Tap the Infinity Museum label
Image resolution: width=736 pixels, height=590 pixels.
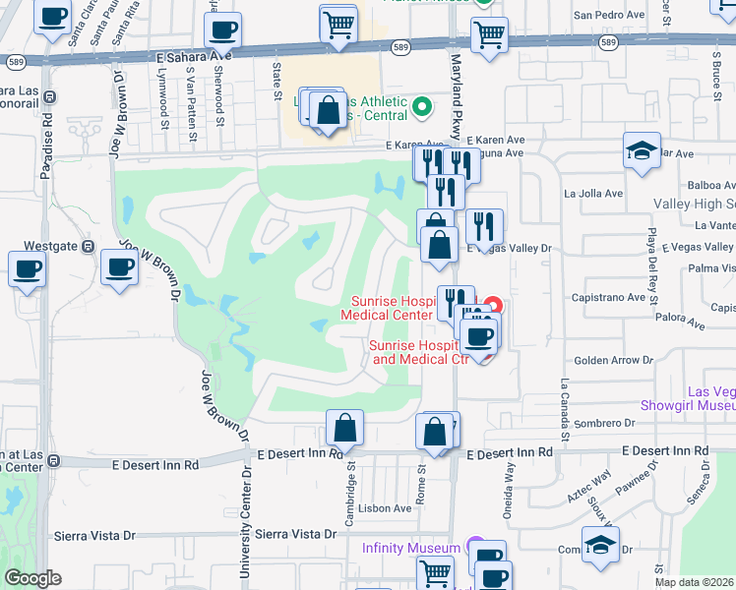410,547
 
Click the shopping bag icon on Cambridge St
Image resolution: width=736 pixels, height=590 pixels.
345,428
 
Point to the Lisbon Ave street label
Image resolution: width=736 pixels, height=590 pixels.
384,508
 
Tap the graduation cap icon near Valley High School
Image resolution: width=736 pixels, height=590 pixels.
642,152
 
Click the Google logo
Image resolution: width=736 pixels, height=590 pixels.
32,578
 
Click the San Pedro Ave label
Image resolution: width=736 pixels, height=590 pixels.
611,16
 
